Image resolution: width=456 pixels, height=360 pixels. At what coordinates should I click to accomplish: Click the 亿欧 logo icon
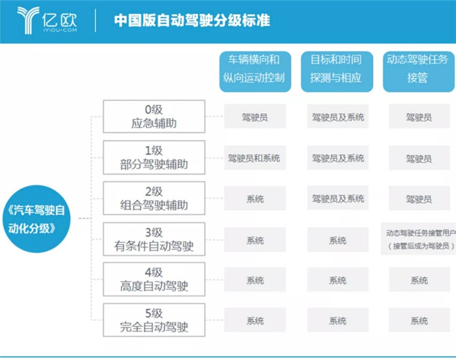pos(28,20)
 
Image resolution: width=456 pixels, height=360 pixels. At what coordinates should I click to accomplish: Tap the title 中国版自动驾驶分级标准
pos(192,20)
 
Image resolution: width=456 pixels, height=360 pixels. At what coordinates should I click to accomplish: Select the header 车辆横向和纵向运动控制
pos(255,72)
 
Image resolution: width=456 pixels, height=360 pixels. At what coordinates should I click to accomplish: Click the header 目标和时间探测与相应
pos(337,72)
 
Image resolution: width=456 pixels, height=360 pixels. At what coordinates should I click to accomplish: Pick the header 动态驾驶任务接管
pos(418,72)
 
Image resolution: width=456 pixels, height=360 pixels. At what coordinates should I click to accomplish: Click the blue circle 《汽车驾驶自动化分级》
pos(36,219)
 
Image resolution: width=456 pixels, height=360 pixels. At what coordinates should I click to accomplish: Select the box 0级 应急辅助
pos(154,117)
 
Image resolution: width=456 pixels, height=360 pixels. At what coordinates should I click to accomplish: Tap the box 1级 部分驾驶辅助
pos(154,158)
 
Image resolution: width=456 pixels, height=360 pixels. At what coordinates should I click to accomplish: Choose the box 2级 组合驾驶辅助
pos(154,198)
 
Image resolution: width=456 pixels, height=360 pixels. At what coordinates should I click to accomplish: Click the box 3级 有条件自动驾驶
pos(154,239)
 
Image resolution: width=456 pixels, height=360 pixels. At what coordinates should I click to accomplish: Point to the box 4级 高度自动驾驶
pos(154,279)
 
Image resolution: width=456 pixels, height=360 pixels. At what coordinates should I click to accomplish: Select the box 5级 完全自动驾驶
pos(154,320)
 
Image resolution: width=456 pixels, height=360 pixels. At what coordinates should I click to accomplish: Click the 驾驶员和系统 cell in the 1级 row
pos(255,158)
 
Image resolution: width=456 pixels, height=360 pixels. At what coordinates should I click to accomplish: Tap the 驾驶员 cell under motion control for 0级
pos(255,117)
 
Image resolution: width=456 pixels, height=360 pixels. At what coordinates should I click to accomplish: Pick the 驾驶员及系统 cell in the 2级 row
pos(338,198)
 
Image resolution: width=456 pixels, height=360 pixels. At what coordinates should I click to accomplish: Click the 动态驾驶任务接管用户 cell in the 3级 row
pos(419,239)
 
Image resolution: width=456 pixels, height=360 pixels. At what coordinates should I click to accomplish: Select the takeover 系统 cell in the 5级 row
pos(420,320)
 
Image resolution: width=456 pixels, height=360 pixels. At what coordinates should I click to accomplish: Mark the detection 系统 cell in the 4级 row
pos(338,280)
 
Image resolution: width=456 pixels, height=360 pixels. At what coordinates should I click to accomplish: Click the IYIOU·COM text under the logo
pos(60,30)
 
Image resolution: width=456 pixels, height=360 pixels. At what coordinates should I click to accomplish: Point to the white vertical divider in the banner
pos(95,21)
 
